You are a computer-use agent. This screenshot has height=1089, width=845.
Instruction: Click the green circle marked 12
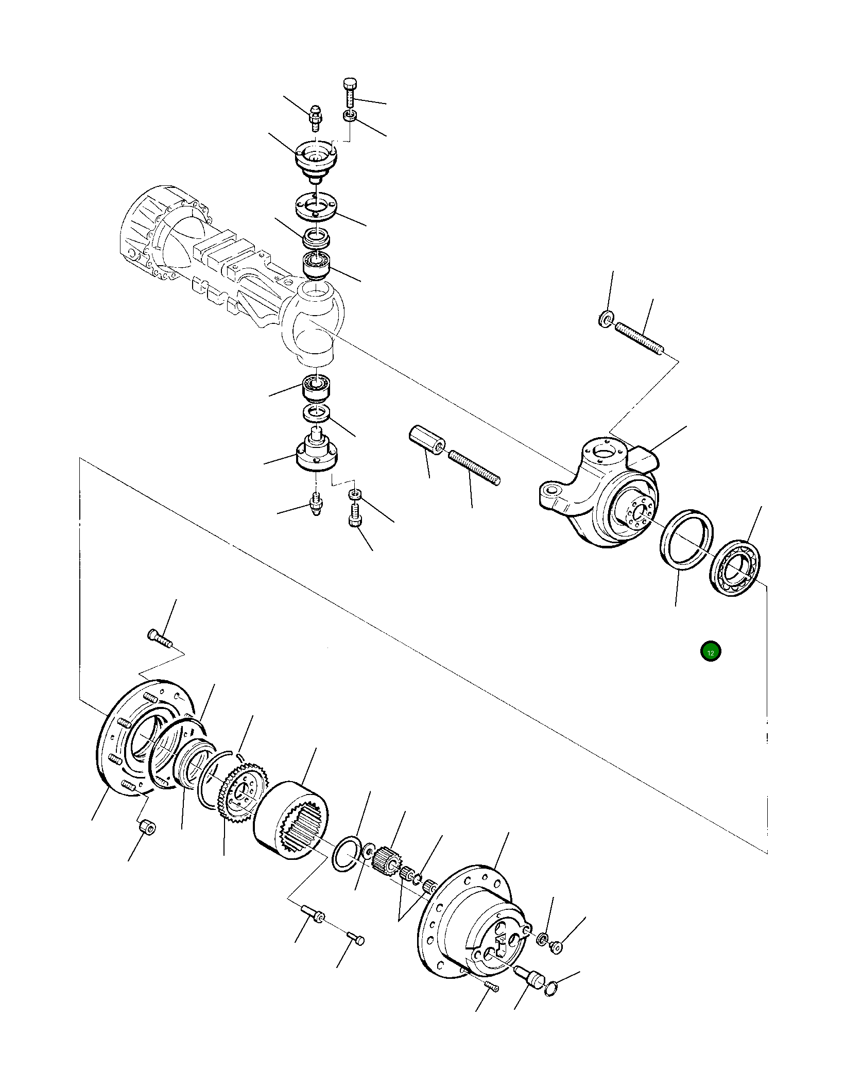(711, 652)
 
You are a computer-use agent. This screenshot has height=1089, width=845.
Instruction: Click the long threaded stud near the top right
(641, 338)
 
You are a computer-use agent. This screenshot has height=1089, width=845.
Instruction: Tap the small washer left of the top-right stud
(606, 319)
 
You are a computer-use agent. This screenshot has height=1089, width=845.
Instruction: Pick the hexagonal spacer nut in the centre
(427, 440)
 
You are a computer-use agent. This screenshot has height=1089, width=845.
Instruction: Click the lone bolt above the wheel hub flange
(160, 638)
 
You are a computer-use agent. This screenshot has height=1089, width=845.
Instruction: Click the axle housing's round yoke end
(314, 322)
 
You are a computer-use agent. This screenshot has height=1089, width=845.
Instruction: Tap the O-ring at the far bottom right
(550, 987)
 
